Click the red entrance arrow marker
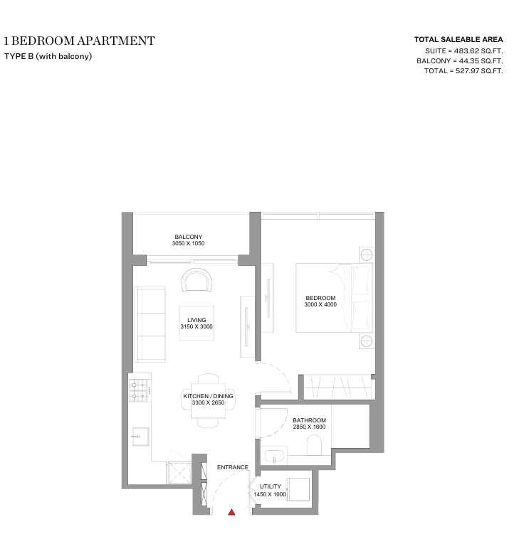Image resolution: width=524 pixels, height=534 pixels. (x=231, y=512)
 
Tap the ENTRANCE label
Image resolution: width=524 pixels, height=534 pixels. (x=233, y=467)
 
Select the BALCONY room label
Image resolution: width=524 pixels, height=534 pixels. (x=189, y=237)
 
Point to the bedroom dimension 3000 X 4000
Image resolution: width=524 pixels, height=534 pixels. (x=320, y=304)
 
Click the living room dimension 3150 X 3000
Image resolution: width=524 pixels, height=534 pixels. (x=197, y=326)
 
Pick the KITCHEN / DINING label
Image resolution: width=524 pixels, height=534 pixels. (x=209, y=396)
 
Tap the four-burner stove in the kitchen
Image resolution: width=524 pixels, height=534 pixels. (x=140, y=390)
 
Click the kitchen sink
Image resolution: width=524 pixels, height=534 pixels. (x=140, y=437)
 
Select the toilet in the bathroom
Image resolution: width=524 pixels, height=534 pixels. (x=315, y=446)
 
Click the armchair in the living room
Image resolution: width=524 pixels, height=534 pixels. (x=197, y=280)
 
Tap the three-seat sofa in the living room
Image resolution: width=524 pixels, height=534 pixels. (x=151, y=324)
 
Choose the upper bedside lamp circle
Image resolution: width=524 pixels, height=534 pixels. (x=367, y=255)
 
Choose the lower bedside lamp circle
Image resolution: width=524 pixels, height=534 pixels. (x=367, y=341)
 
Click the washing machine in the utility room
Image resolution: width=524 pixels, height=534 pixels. (x=298, y=489)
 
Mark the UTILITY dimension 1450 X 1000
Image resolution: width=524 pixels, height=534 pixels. (x=270, y=494)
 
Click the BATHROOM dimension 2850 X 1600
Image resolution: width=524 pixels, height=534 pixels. (x=309, y=427)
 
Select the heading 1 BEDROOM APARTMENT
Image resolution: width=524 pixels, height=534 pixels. (x=80, y=41)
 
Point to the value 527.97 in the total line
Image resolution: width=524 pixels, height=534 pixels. (x=468, y=71)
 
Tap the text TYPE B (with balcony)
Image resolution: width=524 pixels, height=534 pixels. (x=48, y=56)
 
